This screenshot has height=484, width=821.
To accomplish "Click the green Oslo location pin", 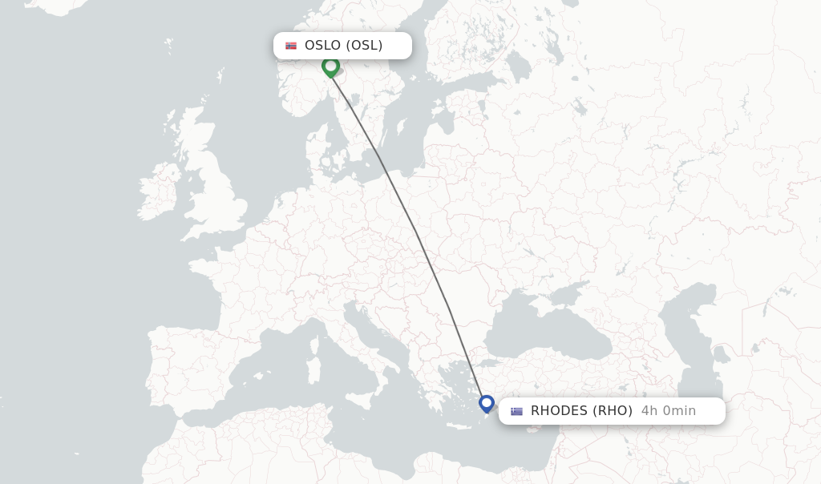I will click(330, 67).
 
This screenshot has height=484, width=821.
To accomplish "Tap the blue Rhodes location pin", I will click(487, 403).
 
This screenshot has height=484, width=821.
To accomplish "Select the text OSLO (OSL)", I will click(343, 46).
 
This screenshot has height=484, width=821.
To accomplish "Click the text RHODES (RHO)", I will click(581, 411).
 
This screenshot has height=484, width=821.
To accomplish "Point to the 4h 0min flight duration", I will click(669, 411).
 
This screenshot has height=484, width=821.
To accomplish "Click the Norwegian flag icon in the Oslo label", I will click(291, 46).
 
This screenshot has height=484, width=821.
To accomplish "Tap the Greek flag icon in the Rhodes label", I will click(516, 411).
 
